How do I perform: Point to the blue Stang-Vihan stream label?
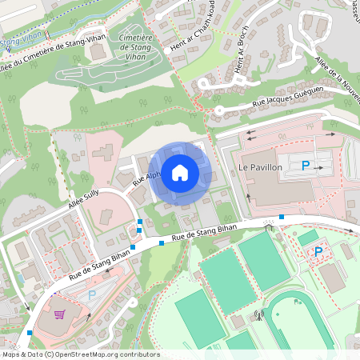tap(22, 38)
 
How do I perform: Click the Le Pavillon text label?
tap(260, 167)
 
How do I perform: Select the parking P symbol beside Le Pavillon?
tap(306, 166)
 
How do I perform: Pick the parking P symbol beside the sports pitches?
tap(318, 252)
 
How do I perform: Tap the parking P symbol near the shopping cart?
tap(91, 294)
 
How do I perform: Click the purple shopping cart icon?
tap(58, 314)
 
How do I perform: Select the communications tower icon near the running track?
tap(258, 314)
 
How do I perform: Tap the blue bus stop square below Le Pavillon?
tap(282, 217)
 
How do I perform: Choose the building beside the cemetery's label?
tap(96, 53)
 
